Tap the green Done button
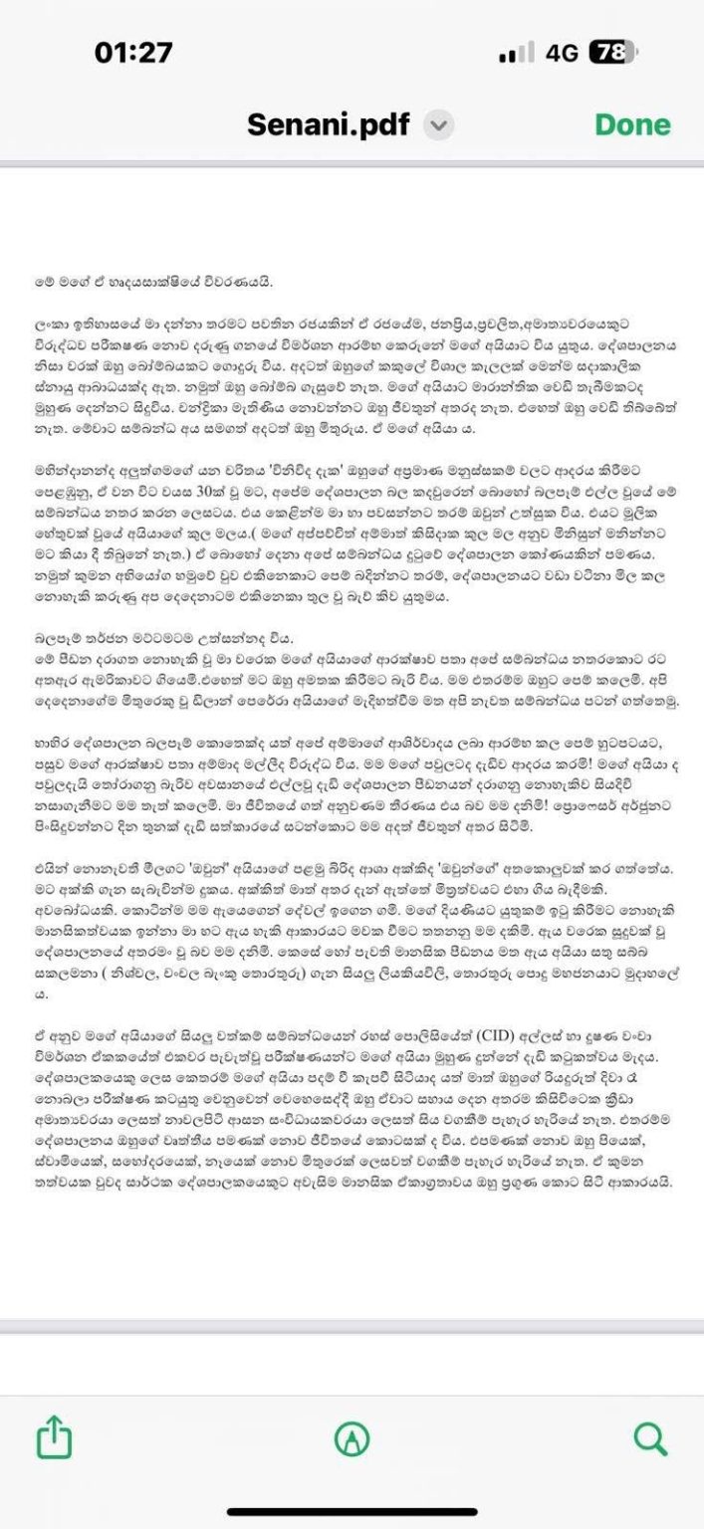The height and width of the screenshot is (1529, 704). [632, 125]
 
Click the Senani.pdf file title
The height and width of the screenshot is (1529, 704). [329, 125]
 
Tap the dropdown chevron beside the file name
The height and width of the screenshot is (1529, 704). [439, 126]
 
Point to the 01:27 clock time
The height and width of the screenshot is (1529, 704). [133, 53]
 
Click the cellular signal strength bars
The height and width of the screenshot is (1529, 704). [516, 54]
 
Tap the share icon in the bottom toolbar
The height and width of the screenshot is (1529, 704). [55, 1437]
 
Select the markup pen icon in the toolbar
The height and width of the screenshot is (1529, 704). [352, 1437]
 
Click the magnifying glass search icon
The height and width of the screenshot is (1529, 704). [649, 1437]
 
